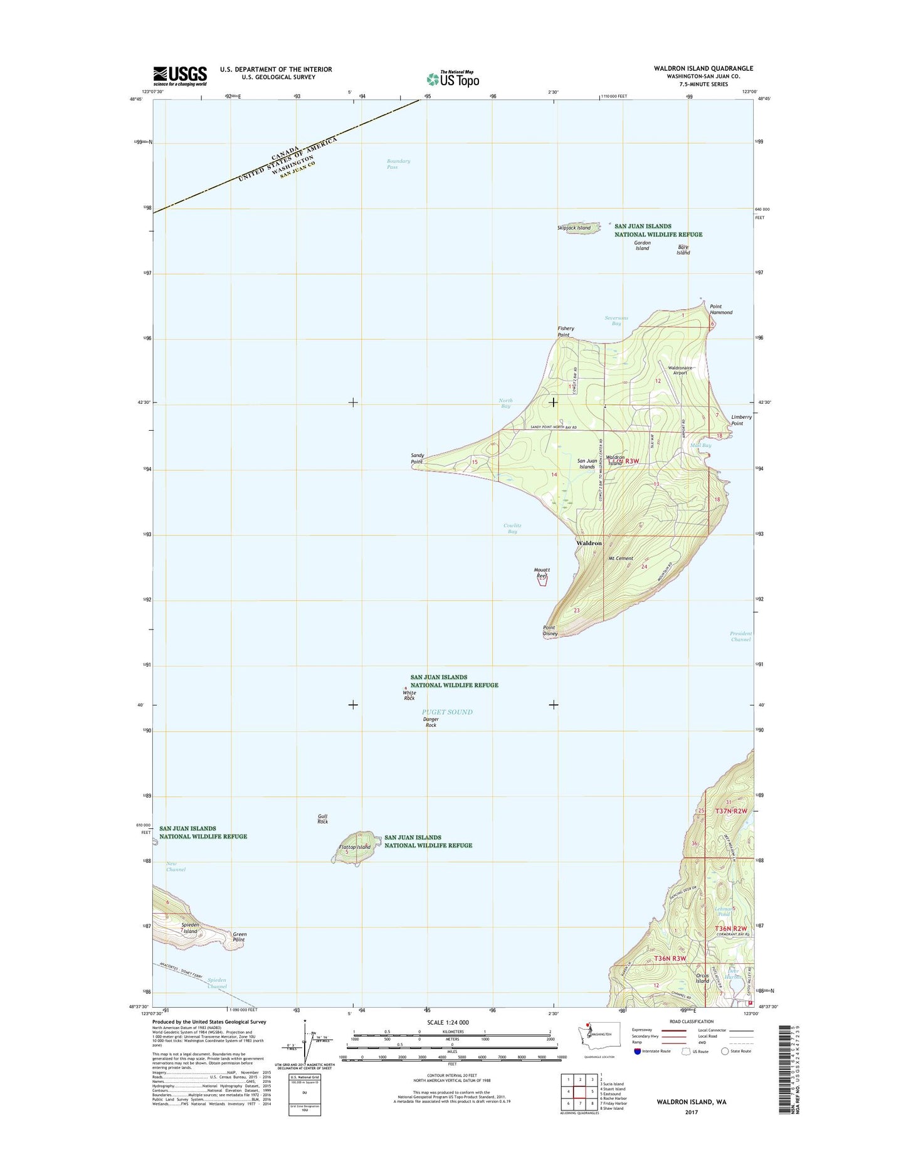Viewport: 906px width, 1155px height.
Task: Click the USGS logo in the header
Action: tap(180, 76)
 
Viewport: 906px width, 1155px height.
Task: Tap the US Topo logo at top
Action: tap(453, 78)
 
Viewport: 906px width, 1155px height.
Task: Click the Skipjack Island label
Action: tap(574, 228)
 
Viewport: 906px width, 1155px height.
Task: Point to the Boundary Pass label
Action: tap(398, 164)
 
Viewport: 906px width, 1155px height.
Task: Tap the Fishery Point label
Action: tap(566, 331)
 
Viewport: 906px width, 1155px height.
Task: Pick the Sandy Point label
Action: tap(417, 458)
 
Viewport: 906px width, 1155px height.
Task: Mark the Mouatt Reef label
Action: tap(541, 572)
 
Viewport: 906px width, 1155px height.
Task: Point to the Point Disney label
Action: tap(550, 630)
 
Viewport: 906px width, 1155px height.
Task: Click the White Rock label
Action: tap(409, 695)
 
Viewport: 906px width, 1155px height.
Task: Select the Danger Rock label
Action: tap(431, 722)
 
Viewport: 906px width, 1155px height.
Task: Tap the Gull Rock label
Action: tap(322, 819)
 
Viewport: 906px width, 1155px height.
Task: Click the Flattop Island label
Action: tap(354, 847)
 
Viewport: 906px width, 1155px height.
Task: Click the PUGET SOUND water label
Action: tap(447, 712)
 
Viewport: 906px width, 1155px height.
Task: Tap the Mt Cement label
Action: tap(621, 558)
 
